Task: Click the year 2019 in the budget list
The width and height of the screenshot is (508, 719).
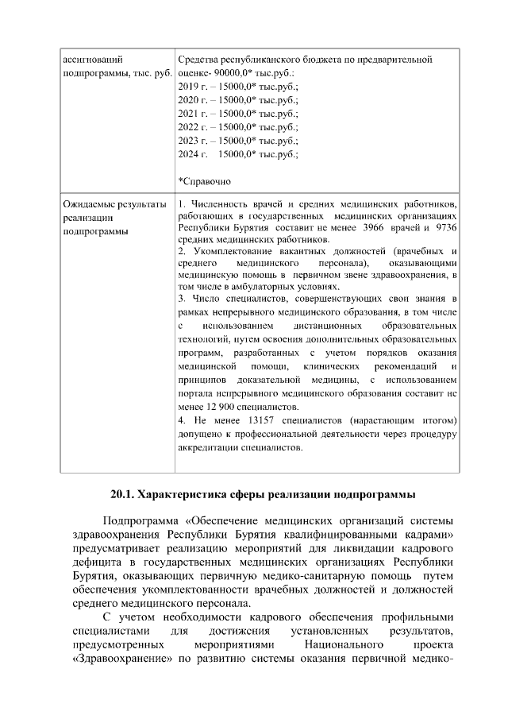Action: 189,86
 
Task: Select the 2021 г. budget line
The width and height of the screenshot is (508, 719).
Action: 238,113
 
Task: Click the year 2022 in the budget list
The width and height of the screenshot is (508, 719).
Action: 189,126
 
